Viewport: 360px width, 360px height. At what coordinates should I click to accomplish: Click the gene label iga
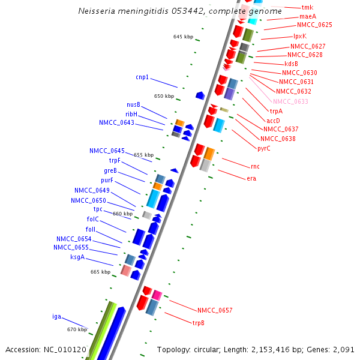56,316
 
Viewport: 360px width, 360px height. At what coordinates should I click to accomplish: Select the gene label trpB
198,323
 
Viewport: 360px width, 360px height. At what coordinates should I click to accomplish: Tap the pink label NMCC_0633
290,101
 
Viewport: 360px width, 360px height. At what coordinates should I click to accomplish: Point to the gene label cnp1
142,77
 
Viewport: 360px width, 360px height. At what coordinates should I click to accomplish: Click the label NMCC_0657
215,310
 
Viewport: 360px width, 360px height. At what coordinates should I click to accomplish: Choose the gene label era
251,178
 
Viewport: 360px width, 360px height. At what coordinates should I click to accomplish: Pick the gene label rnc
255,166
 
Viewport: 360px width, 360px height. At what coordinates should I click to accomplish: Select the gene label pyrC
264,148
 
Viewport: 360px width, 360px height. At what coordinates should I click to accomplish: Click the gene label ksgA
77,257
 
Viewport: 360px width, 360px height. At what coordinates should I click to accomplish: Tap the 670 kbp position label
77,329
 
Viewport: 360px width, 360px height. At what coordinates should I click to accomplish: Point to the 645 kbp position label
183,37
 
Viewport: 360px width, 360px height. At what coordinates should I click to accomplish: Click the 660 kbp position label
122,214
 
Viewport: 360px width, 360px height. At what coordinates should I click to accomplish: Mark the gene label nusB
133,104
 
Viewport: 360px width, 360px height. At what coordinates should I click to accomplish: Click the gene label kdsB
291,64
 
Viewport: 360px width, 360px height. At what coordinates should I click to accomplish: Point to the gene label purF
107,180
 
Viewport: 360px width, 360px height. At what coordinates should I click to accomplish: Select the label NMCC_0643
116,123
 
